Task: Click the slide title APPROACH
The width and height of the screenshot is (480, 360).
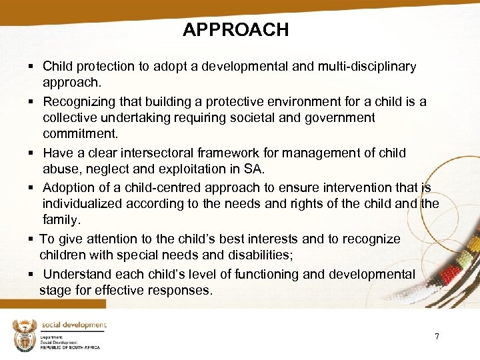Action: point(235,30)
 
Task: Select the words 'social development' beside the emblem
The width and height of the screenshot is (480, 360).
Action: point(73,325)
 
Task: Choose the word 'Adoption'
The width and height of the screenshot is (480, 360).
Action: point(69,188)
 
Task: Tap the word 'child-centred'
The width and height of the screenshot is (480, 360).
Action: point(163,188)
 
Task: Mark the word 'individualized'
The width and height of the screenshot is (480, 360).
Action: point(83,204)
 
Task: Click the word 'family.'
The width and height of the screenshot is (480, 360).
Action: point(61,220)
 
